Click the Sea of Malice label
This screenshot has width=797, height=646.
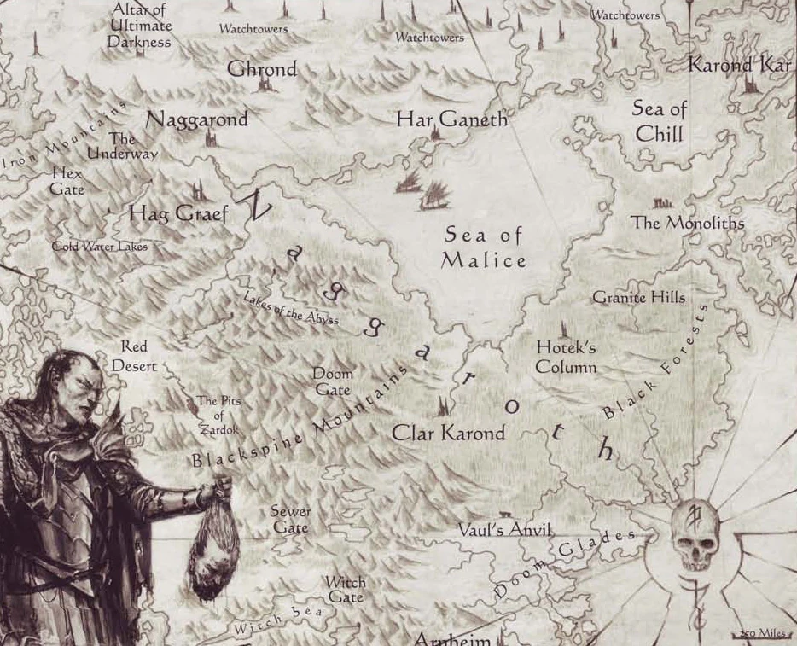tap(483, 247)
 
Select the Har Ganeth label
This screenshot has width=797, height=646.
tap(451, 119)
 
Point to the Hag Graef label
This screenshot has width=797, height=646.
tap(178, 213)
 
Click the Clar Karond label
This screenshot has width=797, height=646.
tap(448, 434)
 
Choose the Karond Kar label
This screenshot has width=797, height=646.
tap(740, 65)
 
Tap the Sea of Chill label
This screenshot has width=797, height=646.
tap(659, 121)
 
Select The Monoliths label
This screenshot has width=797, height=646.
tap(687, 223)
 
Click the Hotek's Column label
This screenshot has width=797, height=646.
tap(566, 358)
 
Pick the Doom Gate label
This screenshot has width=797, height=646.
tap(333, 381)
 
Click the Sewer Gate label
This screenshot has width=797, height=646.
tap(290, 520)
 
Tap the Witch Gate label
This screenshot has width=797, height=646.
tap(346, 590)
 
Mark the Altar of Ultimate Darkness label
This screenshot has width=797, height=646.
tap(139, 26)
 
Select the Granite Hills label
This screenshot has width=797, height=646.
tap(638, 297)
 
